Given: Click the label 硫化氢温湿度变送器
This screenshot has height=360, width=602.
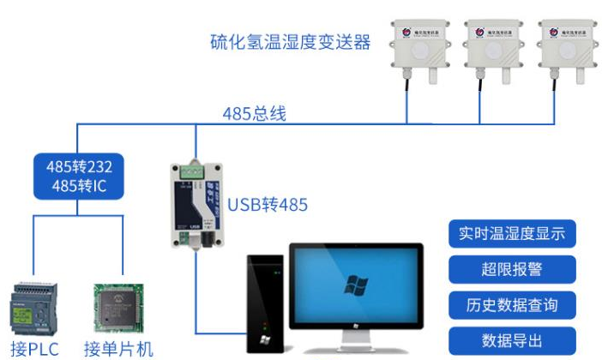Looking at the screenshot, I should click(291, 41).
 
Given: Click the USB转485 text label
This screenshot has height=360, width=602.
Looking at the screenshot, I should click(268, 205).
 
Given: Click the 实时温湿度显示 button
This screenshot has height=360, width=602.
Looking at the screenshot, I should click(512, 234).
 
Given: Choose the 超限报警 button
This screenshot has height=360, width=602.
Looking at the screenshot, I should click(512, 269).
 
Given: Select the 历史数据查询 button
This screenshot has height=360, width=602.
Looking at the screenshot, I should click(512, 304).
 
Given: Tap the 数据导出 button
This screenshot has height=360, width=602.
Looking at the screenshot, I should click(512, 339).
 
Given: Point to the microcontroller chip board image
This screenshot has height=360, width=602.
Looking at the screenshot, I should click(117, 308).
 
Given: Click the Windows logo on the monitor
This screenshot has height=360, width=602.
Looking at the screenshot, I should click(355, 286).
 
